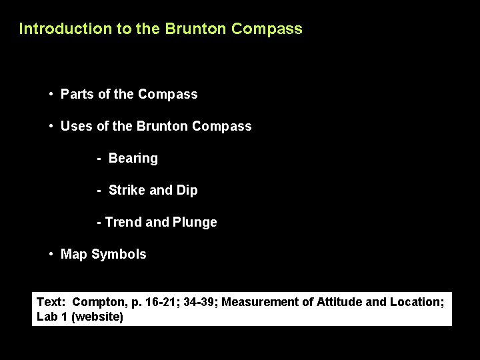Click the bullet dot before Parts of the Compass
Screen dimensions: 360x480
(x=51, y=94)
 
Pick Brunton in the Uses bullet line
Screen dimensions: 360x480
(x=160, y=126)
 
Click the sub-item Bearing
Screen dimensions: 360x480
(x=133, y=159)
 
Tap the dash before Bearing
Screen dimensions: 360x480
(x=99, y=159)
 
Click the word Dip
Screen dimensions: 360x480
(x=187, y=191)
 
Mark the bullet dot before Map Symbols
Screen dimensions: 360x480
(x=51, y=255)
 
